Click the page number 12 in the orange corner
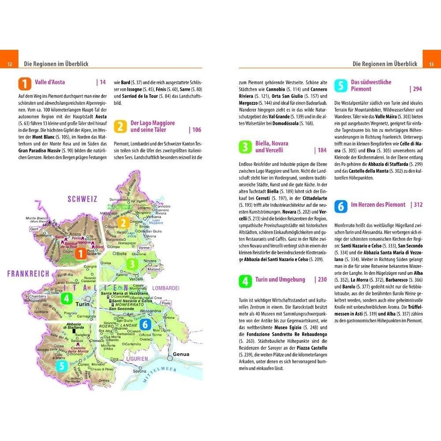click(x=9, y=64)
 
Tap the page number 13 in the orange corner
click(x=431, y=64)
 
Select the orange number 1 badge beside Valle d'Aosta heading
click(x=25, y=84)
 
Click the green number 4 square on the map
click(x=66, y=299)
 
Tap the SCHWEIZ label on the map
click(x=82, y=199)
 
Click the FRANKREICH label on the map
click(x=28, y=274)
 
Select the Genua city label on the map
click(x=181, y=354)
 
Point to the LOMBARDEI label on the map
click(x=166, y=288)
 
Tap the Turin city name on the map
click(x=83, y=305)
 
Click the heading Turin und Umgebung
click(x=280, y=280)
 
